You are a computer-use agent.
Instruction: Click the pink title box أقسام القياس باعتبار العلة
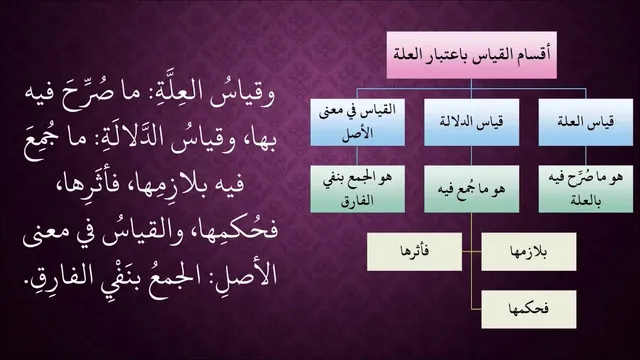(x=471, y=55)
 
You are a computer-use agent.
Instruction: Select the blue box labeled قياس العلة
(x=586, y=122)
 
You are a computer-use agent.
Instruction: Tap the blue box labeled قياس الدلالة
(x=471, y=122)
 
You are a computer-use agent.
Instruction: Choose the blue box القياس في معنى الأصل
(x=357, y=122)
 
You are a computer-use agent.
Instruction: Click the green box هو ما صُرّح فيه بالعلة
(x=586, y=189)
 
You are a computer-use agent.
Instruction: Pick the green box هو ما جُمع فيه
(x=471, y=189)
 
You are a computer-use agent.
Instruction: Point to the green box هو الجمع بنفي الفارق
(x=357, y=189)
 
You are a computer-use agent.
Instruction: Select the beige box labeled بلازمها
(x=529, y=251)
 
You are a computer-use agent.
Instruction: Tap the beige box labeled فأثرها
(x=414, y=251)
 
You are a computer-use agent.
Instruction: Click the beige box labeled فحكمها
(x=529, y=309)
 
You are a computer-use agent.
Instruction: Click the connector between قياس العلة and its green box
(x=586, y=156)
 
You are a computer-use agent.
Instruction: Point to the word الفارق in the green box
(x=357, y=200)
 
